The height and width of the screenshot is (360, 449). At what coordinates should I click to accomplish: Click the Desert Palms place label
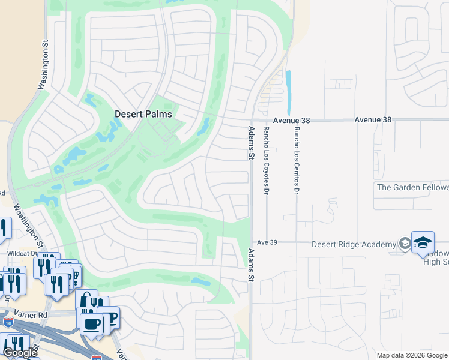coord(143,114)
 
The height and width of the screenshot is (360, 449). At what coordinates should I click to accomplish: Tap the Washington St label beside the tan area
coord(43,65)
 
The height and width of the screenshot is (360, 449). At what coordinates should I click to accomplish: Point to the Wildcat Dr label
coord(19,253)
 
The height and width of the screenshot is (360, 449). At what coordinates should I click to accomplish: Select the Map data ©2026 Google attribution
coord(411,355)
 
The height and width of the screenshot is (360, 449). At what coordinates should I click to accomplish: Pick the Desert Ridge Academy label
coord(354,244)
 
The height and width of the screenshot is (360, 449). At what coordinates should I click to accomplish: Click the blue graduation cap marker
coord(423,242)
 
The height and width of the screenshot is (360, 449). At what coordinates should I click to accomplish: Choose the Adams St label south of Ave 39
coord(251,266)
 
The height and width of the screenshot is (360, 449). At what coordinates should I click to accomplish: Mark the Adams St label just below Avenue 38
coord(251,143)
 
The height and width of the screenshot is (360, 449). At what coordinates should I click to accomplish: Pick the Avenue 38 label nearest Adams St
coord(291,120)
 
